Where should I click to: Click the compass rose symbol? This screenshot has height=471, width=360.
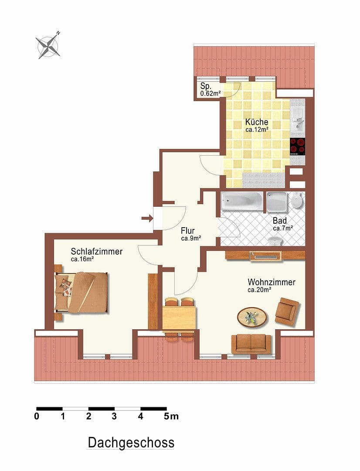tap(48, 45)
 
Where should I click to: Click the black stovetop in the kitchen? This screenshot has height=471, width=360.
tap(297, 147)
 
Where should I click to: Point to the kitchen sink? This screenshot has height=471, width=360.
tap(299, 119)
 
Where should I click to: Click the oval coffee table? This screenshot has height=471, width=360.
tap(252, 317)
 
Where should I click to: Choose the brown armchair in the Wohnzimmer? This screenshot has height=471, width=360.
tap(287, 311)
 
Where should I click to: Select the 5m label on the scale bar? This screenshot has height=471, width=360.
tap(171, 416)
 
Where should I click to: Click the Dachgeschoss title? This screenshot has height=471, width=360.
tap(131, 443)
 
